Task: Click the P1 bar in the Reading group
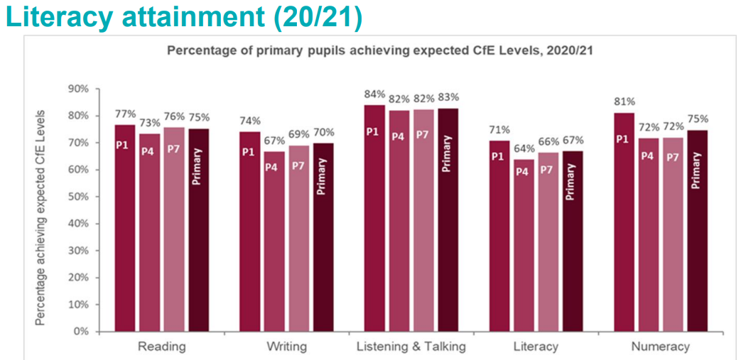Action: (125, 227)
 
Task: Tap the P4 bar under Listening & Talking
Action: (399, 220)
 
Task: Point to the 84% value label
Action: (375, 94)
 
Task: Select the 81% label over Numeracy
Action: (624, 101)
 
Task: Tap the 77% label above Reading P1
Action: (125, 114)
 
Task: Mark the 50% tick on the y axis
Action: (79, 197)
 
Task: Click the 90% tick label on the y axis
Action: (79, 89)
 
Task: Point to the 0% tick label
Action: (82, 332)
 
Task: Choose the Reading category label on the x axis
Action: (161, 347)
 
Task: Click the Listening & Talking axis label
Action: (411, 347)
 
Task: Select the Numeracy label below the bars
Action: (660, 347)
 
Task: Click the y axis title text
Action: (42, 217)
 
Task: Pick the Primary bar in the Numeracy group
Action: (697, 231)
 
